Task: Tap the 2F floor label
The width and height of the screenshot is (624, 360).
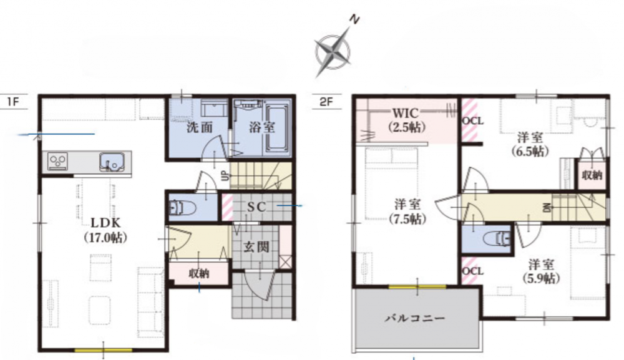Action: pyautogui.click(x=326, y=102)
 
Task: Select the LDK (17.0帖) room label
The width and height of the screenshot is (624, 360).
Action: pyautogui.click(x=105, y=230)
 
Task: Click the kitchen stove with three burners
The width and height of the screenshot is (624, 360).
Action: pyautogui.click(x=58, y=162)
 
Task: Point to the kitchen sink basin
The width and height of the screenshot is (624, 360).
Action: pyautogui.click(x=112, y=162)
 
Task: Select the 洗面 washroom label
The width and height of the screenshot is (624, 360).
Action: pyautogui.click(x=200, y=127)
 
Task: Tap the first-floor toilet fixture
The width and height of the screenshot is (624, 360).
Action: pyautogui.click(x=182, y=208)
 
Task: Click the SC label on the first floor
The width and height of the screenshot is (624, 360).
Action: pyautogui.click(x=256, y=207)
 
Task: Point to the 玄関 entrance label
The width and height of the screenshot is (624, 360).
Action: pyautogui.click(x=256, y=247)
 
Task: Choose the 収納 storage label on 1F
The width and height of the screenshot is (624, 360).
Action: pyautogui.click(x=199, y=273)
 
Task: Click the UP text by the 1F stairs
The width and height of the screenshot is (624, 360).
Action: pyautogui.click(x=225, y=175)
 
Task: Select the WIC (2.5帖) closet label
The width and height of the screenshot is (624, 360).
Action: pyautogui.click(x=406, y=120)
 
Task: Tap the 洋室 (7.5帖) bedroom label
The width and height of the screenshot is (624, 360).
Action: pyautogui.click(x=407, y=212)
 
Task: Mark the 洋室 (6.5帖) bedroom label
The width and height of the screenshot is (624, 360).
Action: pyautogui.click(x=530, y=144)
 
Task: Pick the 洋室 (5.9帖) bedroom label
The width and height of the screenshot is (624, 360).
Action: pyautogui.click(x=541, y=271)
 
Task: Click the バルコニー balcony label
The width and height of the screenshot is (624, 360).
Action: pyautogui.click(x=414, y=318)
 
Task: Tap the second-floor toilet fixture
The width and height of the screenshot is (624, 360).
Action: pyautogui.click(x=497, y=240)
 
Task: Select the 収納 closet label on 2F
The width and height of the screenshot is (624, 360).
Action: pyautogui.click(x=592, y=175)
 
